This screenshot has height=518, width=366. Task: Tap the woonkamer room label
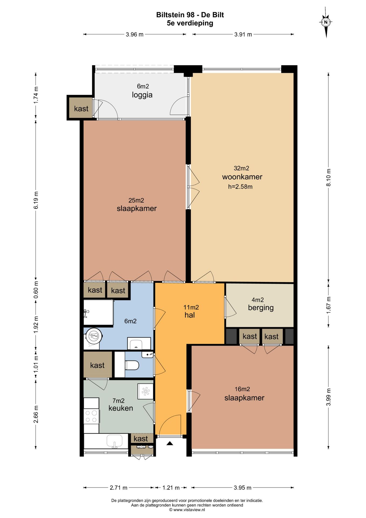[242, 177]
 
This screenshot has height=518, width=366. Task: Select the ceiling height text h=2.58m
[240, 187]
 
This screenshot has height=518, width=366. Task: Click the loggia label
[142, 95]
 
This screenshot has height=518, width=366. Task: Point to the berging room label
[261, 308]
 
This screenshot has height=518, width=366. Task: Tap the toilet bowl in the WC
[132, 366]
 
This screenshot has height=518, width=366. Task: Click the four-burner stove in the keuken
[91, 416]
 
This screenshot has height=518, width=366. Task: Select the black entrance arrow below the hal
[170, 443]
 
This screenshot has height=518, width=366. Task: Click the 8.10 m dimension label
[328, 178]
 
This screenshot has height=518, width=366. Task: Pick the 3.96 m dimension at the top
[134, 35]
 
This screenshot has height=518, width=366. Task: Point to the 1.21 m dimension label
[171, 488]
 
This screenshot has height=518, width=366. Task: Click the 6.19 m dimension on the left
[36, 200]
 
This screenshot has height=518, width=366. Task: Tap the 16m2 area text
[242, 389]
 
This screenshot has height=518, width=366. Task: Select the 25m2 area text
[136, 200]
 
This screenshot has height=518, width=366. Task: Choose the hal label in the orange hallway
[189, 315]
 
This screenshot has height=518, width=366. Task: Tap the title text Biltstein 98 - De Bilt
[190, 15]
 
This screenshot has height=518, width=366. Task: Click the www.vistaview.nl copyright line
[187, 510]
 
